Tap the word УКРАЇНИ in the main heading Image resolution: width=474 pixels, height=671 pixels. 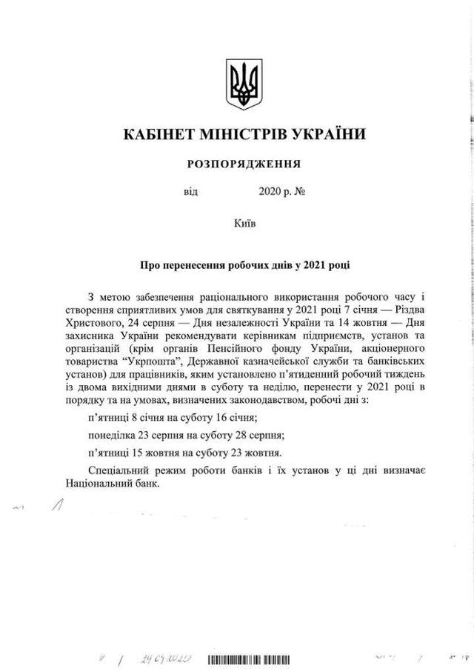324,136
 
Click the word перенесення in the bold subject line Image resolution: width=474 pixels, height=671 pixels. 187,264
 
